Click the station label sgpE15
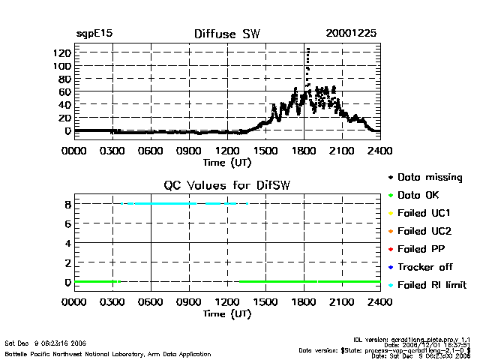pyautogui.click(x=94, y=34)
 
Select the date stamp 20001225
pyautogui.click(x=351, y=34)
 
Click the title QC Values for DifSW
pyautogui.click(x=227, y=185)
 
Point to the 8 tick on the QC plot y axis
pyautogui.click(x=67, y=203)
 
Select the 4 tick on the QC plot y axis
pyautogui.click(x=67, y=243)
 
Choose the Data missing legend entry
pyautogui.click(x=430, y=178)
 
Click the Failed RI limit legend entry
pyautogui.click(x=431, y=285)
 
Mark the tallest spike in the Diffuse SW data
pyautogui.click(x=307, y=49)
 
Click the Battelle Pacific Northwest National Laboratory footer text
pyautogui.click(x=108, y=353)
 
